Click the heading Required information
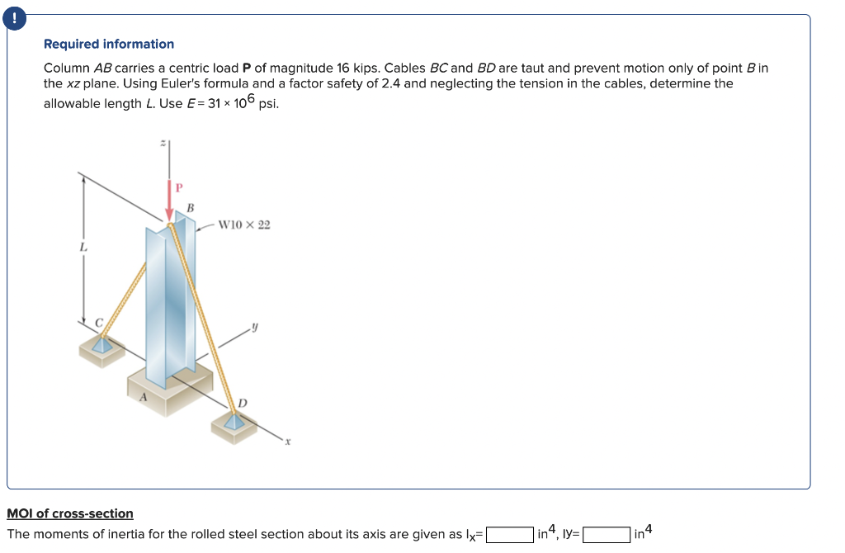(x=109, y=44)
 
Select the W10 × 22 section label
(x=243, y=225)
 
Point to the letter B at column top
(x=191, y=207)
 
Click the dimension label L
(x=83, y=246)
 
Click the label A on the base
(x=142, y=397)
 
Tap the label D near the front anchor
(x=242, y=402)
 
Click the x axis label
(x=288, y=442)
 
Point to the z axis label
(x=163, y=144)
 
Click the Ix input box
(x=509, y=535)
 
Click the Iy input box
(x=607, y=535)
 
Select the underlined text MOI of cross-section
(x=70, y=513)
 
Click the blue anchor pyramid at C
(x=101, y=345)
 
